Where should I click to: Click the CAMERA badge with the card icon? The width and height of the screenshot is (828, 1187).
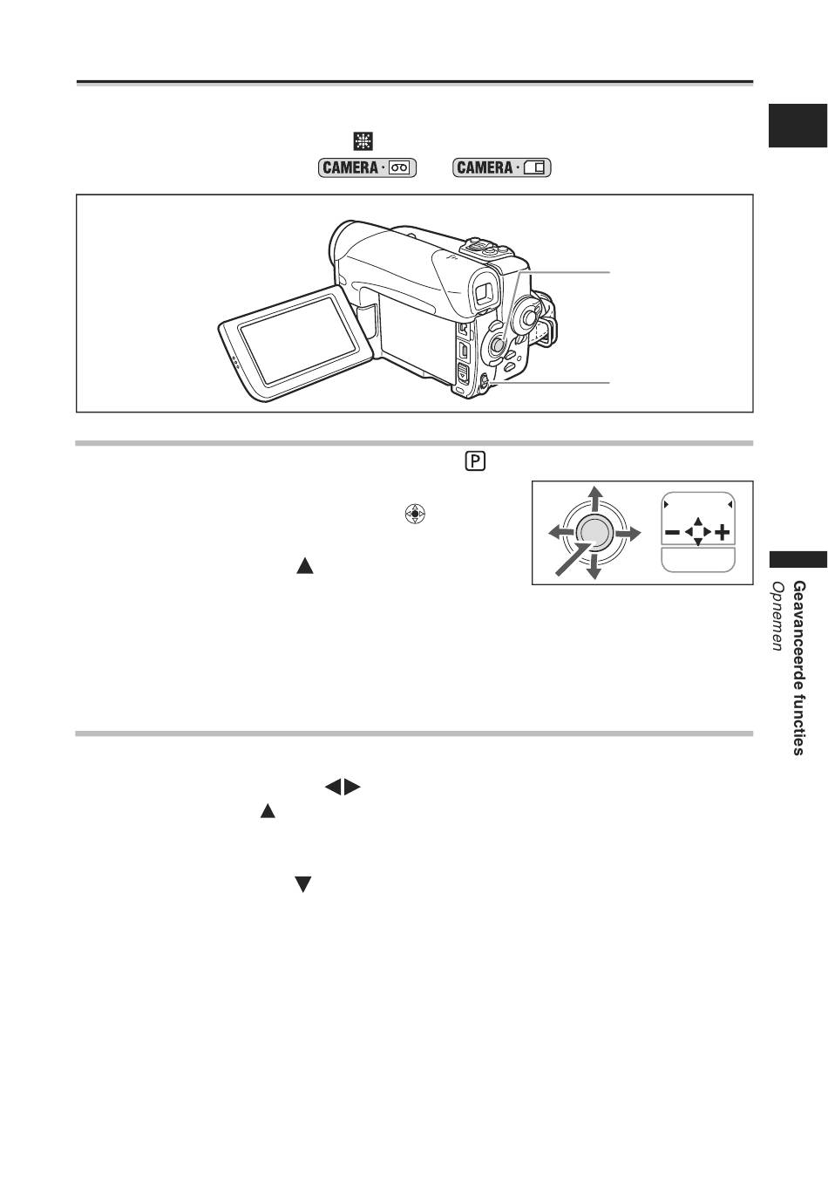point(503,167)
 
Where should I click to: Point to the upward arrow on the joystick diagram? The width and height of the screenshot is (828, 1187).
point(594,500)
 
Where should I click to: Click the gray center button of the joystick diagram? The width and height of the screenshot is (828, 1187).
point(594,531)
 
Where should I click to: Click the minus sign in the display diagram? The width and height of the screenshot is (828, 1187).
point(672,531)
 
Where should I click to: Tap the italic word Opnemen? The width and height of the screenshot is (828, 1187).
point(777,616)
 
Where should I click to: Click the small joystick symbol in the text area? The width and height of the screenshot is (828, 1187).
point(414,514)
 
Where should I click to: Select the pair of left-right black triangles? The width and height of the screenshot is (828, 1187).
point(343,788)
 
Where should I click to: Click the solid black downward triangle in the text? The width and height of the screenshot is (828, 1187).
point(303,884)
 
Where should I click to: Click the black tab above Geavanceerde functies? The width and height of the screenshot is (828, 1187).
point(797,560)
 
